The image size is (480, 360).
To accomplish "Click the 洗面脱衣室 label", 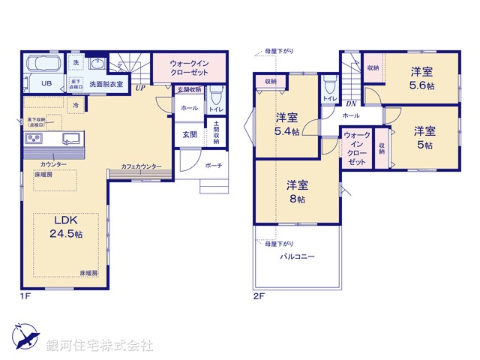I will (x=106, y=85).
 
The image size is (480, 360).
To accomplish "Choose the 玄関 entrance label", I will (x=190, y=134).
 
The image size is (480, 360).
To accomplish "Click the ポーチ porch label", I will (x=213, y=165).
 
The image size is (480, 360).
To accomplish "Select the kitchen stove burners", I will (x=34, y=139).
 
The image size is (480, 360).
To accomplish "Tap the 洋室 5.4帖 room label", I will (x=286, y=124).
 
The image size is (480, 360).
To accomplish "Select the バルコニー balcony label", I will (x=298, y=256).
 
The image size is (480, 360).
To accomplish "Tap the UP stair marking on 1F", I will (x=140, y=88).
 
